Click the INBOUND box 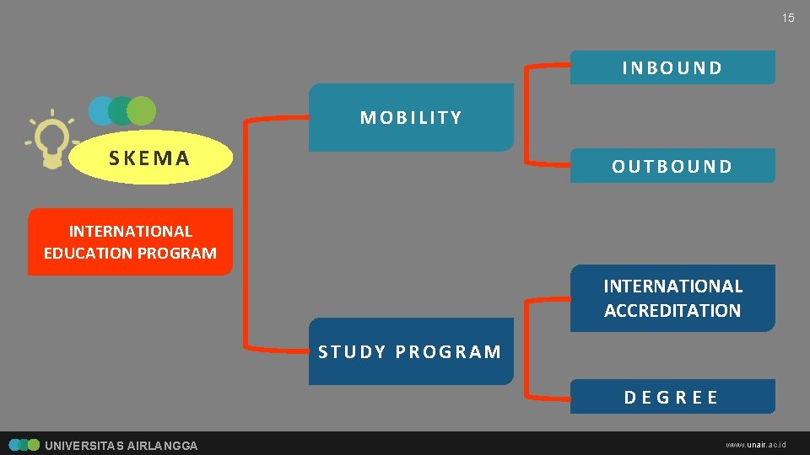672,67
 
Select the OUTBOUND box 672,166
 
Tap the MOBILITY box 411,118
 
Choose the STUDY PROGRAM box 411,351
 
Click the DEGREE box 672,397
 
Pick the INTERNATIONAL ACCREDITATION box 672,298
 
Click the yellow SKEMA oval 150,158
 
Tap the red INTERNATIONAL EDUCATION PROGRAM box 130,242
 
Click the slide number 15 788,18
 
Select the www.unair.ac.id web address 756,444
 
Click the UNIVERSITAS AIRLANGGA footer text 121,446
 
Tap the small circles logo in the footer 24,445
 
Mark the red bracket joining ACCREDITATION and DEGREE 526,347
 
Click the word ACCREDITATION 672,310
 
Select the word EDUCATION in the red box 84,253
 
